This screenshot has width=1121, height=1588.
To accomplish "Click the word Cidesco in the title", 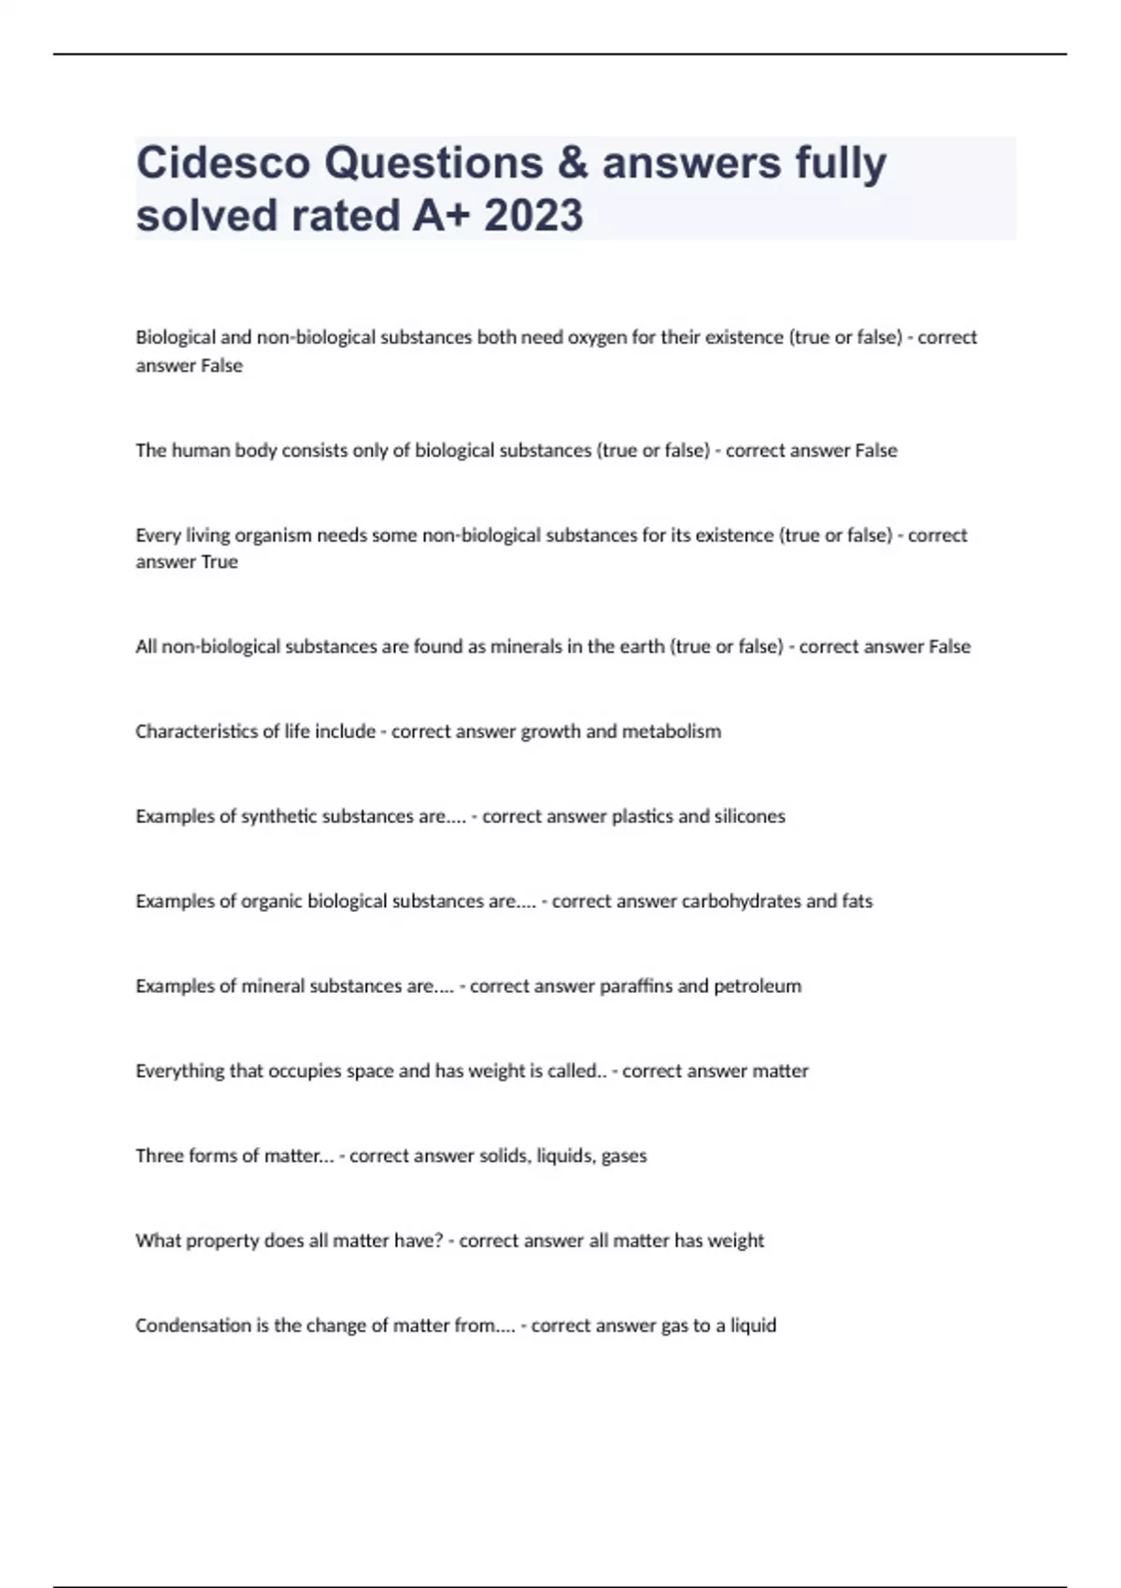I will (223, 163).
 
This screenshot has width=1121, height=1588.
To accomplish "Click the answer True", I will (220, 561).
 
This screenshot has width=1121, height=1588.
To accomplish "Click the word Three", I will (160, 1156).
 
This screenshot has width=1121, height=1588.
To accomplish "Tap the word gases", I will (624, 1156).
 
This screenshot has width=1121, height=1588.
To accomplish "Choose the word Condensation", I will (193, 1326).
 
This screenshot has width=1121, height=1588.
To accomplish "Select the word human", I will (201, 450).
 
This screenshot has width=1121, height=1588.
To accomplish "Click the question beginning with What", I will (289, 1241).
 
